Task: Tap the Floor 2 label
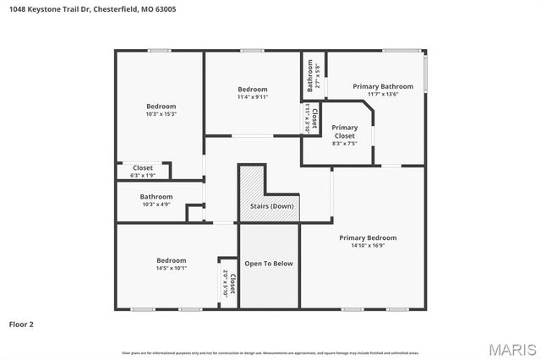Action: pyautogui.click(x=20, y=324)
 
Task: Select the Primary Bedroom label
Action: pyautogui.click(x=368, y=237)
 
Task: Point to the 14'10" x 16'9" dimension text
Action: pyautogui.click(x=368, y=246)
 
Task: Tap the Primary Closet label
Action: pyautogui.click(x=344, y=131)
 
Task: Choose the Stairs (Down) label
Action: pyautogui.click(x=271, y=206)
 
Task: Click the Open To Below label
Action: pyautogui.click(x=269, y=264)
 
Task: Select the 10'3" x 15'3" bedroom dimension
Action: pyautogui.click(x=161, y=114)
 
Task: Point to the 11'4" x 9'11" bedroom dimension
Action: pyautogui.click(x=252, y=97)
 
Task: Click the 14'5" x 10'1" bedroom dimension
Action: pyautogui.click(x=171, y=268)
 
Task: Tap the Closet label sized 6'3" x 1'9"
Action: pyautogui.click(x=143, y=168)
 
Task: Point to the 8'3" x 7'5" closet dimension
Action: pyautogui.click(x=344, y=144)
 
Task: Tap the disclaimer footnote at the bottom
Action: pyautogui.click(x=270, y=352)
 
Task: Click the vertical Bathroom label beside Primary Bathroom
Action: pyautogui.click(x=311, y=74)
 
